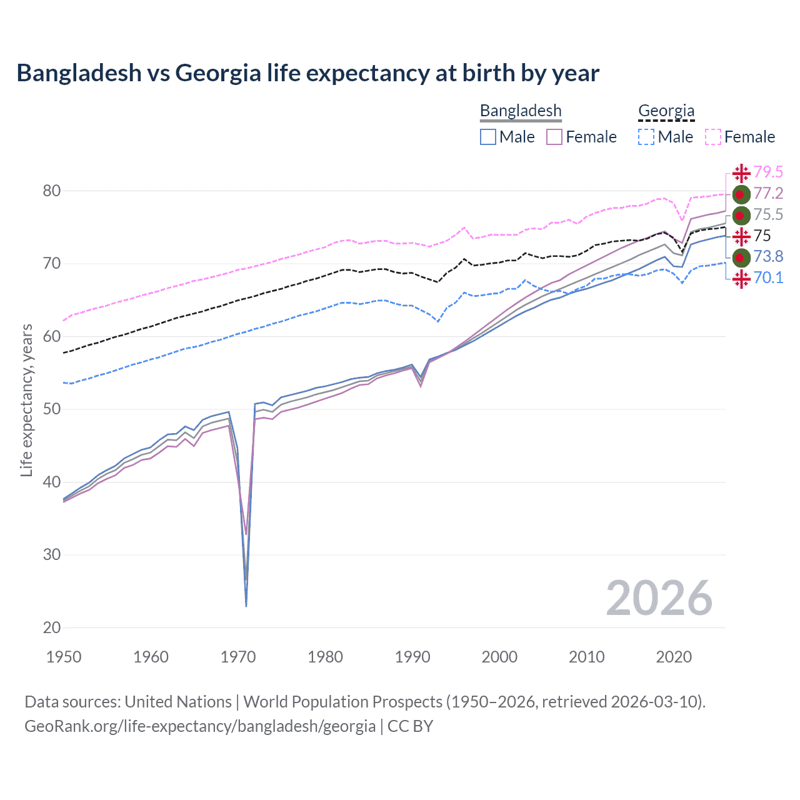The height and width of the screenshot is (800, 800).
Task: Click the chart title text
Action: [x=307, y=73]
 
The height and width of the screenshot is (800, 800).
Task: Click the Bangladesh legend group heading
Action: [x=521, y=111]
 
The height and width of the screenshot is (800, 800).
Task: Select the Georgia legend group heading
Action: [x=666, y=111]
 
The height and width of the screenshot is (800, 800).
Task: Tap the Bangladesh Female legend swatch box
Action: [x=554, y=137]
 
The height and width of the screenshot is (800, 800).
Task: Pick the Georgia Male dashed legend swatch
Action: [x=646, y=137]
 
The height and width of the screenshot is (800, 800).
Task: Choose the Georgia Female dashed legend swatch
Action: [x=712, y=137]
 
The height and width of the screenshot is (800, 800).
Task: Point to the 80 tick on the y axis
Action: [x=51, y=191]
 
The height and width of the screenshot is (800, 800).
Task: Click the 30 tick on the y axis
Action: [x=51, y=554]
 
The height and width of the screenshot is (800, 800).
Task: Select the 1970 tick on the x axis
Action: [x=238, y=657]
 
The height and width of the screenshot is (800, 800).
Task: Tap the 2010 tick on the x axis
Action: [x=586, y=657]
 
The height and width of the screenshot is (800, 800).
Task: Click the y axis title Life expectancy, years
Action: [x=27, y=400]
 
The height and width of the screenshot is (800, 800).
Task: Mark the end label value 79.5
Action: [x=768, y=172]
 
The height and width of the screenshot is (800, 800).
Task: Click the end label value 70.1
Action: [x=768, y=277]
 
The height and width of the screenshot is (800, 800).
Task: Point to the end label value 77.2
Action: [x=768, y=193]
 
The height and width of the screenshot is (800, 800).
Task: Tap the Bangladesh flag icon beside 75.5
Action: [x=741, y=215]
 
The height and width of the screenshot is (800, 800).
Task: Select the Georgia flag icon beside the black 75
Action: [x=741, y=236]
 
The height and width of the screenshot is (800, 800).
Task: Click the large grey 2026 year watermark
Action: [x=659, y=599]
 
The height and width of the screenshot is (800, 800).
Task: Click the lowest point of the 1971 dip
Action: [x=246, y=606]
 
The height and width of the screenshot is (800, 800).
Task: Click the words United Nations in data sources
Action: [x=178, y=702]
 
